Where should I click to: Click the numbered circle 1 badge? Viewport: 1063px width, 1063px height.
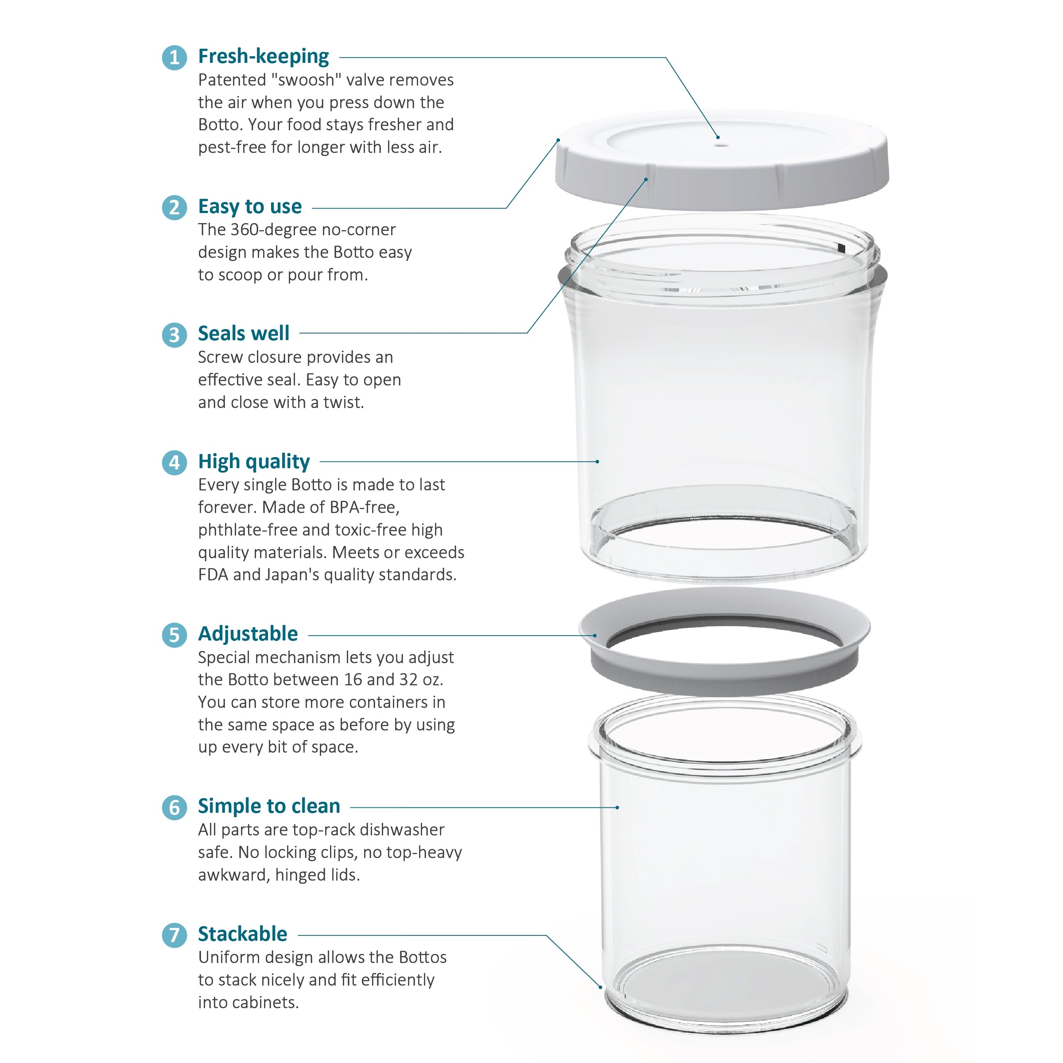click(175, 57)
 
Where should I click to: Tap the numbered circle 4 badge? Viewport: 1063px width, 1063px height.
click(175, 462)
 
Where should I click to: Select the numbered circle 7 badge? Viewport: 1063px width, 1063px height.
click(175, 935)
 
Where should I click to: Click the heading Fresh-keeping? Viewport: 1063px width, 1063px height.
click(264, 57)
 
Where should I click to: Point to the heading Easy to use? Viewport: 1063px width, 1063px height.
click(250, 206)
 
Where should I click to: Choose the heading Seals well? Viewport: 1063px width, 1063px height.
click(244, 334)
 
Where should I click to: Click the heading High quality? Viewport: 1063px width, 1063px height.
click(254, 462)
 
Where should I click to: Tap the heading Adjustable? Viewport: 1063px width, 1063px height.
click(248, 634)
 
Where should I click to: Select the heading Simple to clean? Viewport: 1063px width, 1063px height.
click(269, 806)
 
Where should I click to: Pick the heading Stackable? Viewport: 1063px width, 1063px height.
click(243, 934)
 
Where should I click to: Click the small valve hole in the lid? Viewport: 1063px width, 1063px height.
click(722, 146)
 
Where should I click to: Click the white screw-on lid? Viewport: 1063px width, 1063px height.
click(722, 159)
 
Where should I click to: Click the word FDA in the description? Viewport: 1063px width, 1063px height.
click(213, 574)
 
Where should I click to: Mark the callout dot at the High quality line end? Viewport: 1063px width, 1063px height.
click(597, 462)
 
